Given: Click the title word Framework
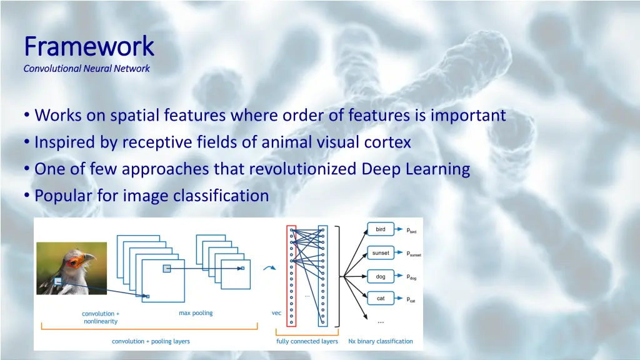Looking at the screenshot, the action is click(88, 46).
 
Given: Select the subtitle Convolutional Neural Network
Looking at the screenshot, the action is click(86, 69).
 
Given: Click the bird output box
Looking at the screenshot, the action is click(381, 229).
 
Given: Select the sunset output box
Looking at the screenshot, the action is click(381, 253).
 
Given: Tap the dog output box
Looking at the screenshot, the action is click(381, 276).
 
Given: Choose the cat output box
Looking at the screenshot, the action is click(381, 299).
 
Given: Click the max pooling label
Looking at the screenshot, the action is click(196, 313).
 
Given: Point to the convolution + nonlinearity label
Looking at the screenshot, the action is click(101, 317).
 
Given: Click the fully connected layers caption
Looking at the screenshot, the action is click(307, 341).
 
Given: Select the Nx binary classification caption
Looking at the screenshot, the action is click(381, 341).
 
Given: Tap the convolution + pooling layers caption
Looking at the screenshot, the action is click(151, 341).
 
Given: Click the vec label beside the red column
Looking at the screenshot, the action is click(276, 313).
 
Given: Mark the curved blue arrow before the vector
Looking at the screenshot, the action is click(271, 269).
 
